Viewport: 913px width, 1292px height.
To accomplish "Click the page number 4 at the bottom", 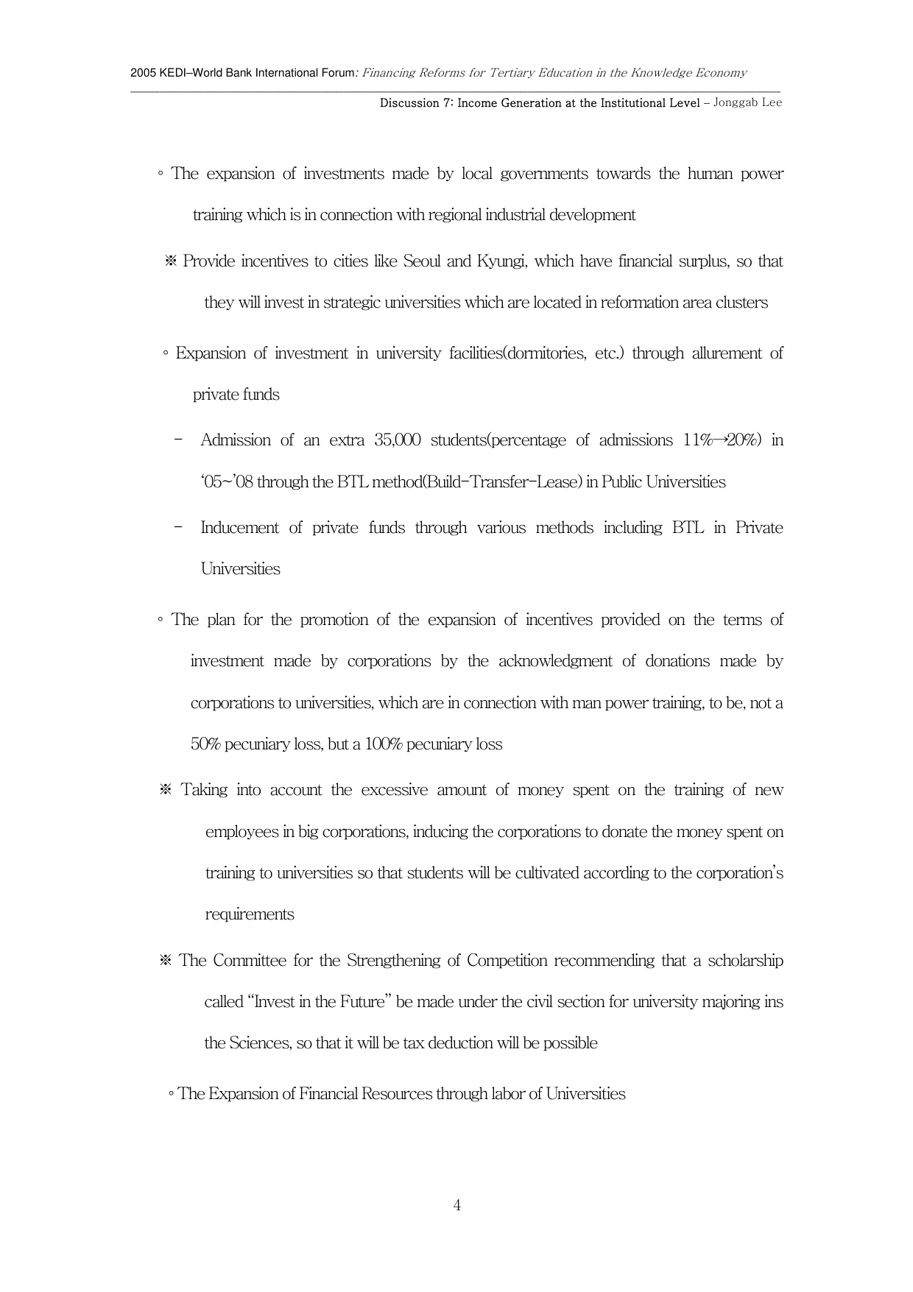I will coord(457,1205).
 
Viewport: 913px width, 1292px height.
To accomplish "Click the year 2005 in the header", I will coord(142,73).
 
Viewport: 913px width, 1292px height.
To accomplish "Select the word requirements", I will coord(250,914).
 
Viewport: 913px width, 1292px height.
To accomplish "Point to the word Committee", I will coord(249,961).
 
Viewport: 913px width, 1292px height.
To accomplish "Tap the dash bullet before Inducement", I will coord(180,527).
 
